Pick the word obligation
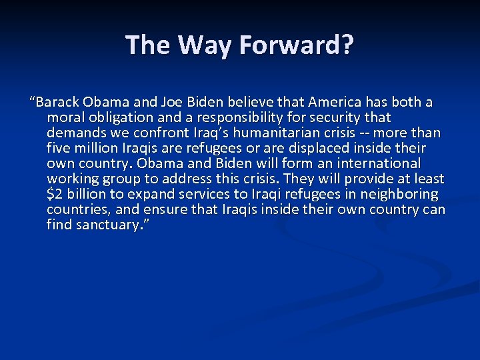click(118, 117)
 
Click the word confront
click(151, 133)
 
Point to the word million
click(97, 148)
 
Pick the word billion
click(87, 194)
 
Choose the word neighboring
click(399, 194)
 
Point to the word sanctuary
click(105, 225)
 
